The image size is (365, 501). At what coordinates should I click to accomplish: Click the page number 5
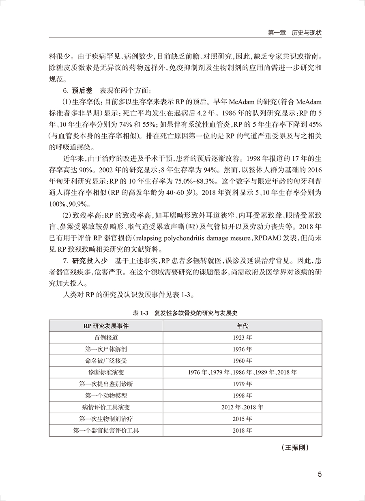pyautogui.click(x=320, y=475)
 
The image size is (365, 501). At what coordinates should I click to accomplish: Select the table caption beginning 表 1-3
pyautogui.click(x=185, y=313)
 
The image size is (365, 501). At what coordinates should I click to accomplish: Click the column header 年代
pyautogui.click(x=242, y=326)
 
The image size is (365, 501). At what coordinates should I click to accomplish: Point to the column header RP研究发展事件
pyautogui.click(x=106, y=326)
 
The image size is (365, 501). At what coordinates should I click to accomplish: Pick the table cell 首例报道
pyautogui.click(x=106, y=337)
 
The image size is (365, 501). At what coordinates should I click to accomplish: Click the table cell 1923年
pyautogui.click(x=242, y=337)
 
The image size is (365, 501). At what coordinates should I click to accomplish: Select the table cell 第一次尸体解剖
pyautogui.click(x=106, y=349)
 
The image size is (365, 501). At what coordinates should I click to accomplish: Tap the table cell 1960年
pyautogui.click(x=242, y=361)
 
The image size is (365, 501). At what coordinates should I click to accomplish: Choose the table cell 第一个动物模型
pyautogui.click(x=106, y=395)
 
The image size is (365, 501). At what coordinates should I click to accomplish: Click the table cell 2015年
pyautogui.click(x=242, y=419)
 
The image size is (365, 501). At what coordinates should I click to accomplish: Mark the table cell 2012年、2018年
pyautogui.click(x=242, y=407)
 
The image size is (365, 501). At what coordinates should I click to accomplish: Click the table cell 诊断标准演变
pyautogui.click(x=106, y=372)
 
